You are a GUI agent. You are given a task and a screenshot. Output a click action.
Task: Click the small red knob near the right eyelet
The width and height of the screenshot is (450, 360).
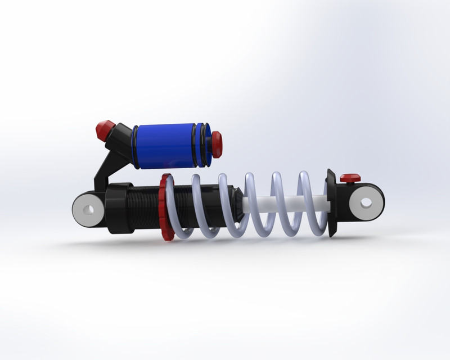[x=350, y=178]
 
